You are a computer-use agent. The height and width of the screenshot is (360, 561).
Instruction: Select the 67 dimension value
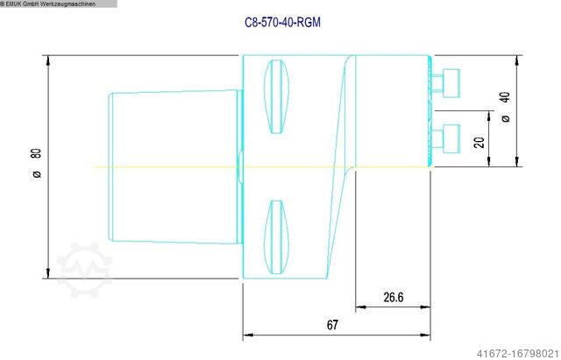click(x=332, y=325)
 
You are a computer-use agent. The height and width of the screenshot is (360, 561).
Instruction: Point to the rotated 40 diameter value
click(x=505, y=96)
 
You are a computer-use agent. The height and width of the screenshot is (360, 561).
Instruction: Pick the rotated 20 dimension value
click(x=479, y=142)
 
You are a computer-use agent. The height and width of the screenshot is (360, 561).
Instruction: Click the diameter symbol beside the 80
click(x=36, y=174)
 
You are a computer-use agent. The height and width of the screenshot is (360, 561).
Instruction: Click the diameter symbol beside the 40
click(x=505, y=117)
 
